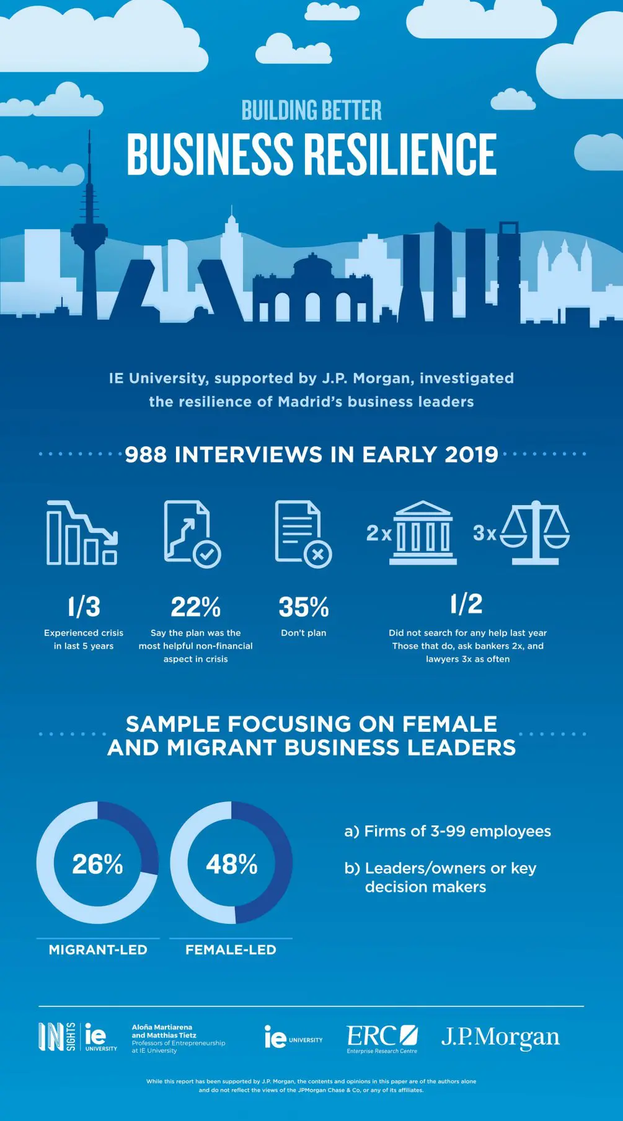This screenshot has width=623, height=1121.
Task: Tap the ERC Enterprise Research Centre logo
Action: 382,1039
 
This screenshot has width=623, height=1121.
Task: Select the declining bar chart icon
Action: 82,533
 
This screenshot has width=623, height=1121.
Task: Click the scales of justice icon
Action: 534,533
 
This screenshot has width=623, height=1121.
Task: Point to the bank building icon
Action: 423,533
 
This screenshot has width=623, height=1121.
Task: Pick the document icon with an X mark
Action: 303,533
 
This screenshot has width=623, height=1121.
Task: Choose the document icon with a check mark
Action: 192,533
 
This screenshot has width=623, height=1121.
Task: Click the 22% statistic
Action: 195,607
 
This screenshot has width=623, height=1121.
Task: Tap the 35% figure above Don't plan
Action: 303,607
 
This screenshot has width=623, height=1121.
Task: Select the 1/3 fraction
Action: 84,607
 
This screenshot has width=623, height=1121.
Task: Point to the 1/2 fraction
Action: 467,604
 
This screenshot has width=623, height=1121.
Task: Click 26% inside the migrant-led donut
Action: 97,864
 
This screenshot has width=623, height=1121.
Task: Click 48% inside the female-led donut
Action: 231,864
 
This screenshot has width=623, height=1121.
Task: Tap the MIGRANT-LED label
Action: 98,949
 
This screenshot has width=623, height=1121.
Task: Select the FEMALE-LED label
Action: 231,949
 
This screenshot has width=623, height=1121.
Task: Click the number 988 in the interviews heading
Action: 146,455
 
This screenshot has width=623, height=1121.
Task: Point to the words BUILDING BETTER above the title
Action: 311,110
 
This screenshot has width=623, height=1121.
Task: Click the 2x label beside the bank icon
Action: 378,533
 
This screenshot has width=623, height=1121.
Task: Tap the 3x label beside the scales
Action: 485,533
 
